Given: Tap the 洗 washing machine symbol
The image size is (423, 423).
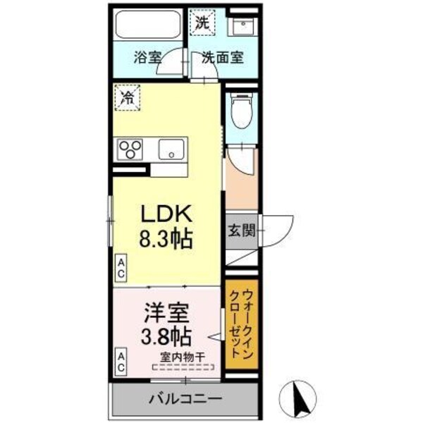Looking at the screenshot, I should click(x=203, y=22).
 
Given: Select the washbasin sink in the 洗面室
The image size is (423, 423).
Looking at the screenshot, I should click(x=244, y=27).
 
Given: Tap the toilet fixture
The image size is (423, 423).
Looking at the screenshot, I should click(x=241, y=111).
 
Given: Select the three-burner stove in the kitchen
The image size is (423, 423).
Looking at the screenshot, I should click(x=130, y=149).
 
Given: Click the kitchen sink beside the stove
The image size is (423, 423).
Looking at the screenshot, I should click(x=171, y=149).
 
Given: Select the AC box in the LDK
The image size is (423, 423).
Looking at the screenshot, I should click(x=121, y=267).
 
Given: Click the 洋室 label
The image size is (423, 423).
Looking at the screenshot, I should click(x=167, y=309).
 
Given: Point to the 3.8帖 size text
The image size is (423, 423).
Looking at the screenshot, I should click(x=167, y=335).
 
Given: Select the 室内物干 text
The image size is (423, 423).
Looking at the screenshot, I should click(x=181, y=357).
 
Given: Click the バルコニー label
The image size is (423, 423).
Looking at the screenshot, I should click(x=185, y=399).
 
